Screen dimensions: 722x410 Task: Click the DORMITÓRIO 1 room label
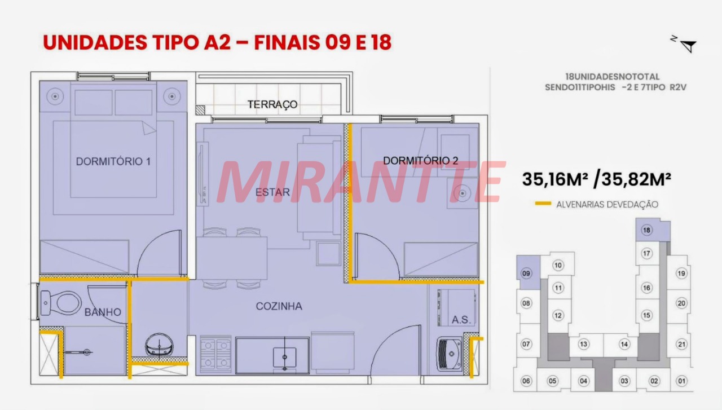tap(113, 161)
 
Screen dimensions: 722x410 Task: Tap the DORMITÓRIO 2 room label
tap(420, 161)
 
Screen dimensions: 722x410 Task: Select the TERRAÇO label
tap(272, 104)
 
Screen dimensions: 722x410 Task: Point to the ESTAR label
tap(272, 192)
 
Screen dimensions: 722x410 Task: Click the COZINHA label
tap(279, 306)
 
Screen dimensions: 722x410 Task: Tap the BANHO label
tap(103, 312)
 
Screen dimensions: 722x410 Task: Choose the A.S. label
tap(461, 320)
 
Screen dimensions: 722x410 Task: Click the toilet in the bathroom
tap(61, 303)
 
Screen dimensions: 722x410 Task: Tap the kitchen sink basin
tap(285, 357)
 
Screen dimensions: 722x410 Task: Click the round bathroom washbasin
tap(159, 345)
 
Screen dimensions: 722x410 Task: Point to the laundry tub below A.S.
tap(450, 354)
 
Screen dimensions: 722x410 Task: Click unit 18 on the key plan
tap(646, 230)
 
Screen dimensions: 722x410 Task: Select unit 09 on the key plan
tap(526, 274)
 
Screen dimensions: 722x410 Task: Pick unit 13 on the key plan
tap(583, 344)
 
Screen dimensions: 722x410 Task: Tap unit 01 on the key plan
tap(681, 381)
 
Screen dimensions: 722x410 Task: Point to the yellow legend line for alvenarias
tap(543, 204)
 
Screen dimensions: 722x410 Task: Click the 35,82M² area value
tap(636, 179)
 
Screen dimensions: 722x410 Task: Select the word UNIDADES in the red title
tap(95, 42)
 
